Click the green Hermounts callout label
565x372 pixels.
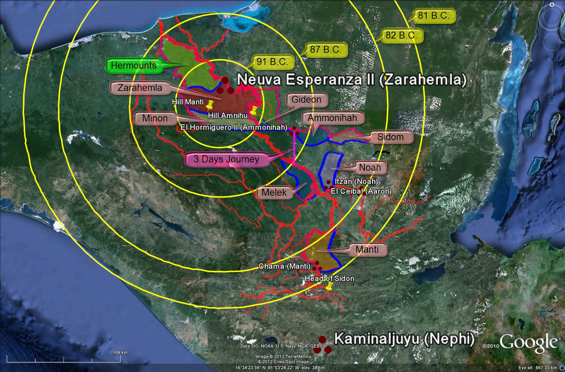point(133,65)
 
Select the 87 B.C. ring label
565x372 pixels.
point(325,50)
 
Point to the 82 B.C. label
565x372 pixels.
point(401,35)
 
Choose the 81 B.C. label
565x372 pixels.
point(433,16)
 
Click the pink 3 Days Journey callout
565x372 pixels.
point(226,159)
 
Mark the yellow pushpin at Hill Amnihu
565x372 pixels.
point(253,110)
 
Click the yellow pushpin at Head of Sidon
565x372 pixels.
point(329,286)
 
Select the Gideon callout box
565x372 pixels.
point(306,100)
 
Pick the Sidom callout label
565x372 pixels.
point(390,137)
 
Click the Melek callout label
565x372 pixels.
point(274,193)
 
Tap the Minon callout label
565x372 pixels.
point(155,118)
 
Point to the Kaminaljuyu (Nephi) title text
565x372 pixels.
point(404,339)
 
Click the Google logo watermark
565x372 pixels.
point(528,343)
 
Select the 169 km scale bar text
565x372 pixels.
point(120,352)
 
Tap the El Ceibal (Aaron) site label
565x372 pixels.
point(361,191)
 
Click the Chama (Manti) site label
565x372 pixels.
point(284,266)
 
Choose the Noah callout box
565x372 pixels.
point(370,167)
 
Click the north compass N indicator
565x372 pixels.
point(552,5)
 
